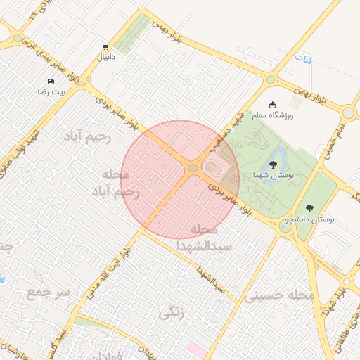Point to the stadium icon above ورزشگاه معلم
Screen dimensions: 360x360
click(272, 104)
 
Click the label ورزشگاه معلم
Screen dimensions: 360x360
click(273, 114)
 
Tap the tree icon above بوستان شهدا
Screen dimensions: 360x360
click(273, 164)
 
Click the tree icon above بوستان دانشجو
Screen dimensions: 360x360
click(309, 208)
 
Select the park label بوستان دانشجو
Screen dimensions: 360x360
click(309, 219)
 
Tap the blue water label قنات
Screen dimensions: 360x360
click(302, 57)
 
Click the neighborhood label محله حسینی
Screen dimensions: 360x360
click(279, 296)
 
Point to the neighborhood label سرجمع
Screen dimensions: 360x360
click(48, 290)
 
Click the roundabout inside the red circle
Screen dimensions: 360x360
click(192, 167)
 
